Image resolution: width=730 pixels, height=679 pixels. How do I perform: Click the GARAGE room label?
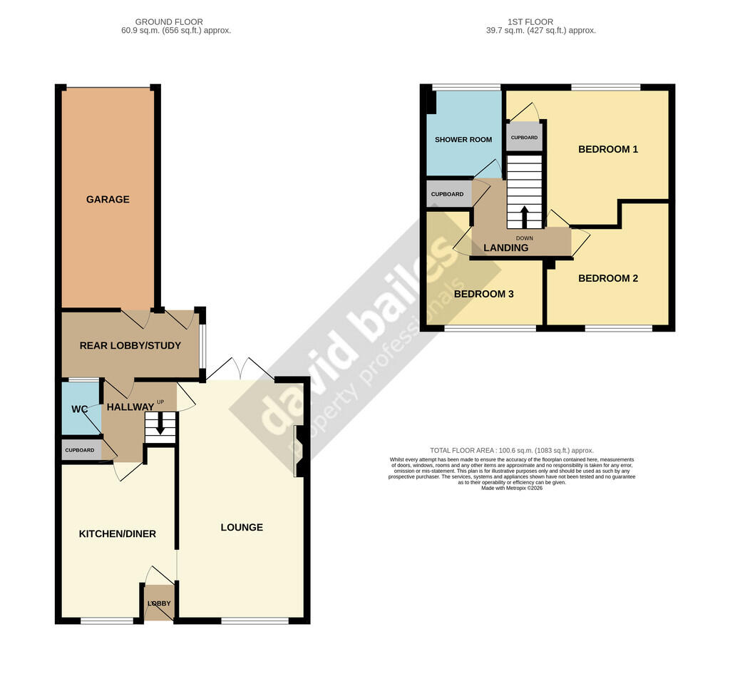tap(108, 200)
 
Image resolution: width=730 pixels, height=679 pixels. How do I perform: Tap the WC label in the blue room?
tap(78, 410)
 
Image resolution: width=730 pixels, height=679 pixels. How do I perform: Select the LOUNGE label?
tap(242, 528)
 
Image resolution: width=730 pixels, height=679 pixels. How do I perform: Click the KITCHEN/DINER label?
tap(117, 534)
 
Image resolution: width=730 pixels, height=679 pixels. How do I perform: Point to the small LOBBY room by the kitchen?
tap(159, 603)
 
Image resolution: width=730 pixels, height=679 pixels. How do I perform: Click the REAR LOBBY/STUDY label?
tap(130, 346)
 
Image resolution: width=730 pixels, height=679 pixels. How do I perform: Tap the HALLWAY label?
tap(130, 407)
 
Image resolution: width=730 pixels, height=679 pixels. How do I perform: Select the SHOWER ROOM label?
tap(463, 140)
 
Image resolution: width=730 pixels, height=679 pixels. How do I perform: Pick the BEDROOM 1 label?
tap(607, 150)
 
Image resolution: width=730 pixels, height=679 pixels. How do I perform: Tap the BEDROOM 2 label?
tap(607, 279)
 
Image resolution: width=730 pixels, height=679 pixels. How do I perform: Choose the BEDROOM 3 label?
tap(484, 294)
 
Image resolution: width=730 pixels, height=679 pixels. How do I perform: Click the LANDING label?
tap(505, 248)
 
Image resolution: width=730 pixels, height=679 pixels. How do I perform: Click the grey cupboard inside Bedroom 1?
tap(524, 137)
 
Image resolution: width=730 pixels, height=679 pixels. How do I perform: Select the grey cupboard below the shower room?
tap(448, 194)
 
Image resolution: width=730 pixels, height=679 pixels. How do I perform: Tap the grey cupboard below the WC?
tap(80, 451)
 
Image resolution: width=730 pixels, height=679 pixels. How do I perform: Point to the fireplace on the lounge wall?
tap(300, 451)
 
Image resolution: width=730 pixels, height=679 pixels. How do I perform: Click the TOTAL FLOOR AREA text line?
tap(511, 451)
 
